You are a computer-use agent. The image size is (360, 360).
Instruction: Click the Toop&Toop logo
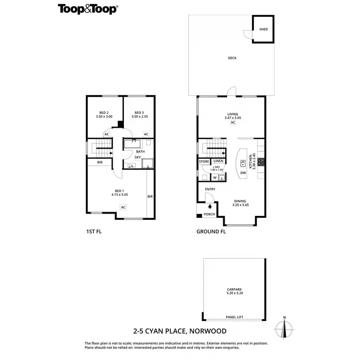[88, 9]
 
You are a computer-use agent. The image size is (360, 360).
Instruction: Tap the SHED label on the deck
[263, 29]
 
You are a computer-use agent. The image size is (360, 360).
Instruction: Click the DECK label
[232, 58]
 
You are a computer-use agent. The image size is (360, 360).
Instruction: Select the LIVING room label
[232, 114]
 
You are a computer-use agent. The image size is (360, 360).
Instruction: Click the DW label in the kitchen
[243, 173]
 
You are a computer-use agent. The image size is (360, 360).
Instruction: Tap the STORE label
[204, 162]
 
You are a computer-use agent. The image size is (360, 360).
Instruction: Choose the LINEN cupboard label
[218, 161]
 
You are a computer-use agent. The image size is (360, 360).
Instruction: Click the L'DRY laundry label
[217, 167]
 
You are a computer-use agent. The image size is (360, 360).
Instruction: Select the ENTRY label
[210, 189]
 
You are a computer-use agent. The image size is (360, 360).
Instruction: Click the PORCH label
[210, 214]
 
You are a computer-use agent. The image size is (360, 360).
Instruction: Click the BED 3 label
[139, 112]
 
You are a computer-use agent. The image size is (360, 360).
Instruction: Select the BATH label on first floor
[140, 152]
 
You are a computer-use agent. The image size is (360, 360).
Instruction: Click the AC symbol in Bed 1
[123, 207]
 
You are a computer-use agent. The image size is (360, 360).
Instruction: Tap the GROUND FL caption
[211, 231]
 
